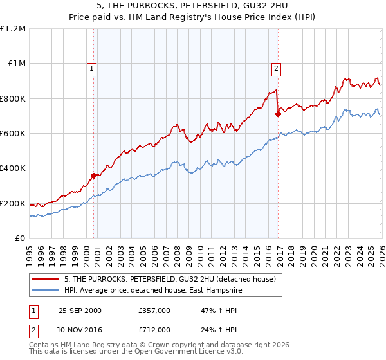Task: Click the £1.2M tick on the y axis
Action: pos(13,28)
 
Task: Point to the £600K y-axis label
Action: pos(13,133)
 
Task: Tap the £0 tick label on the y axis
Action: pos(19,238)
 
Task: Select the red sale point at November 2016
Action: pos(278,114)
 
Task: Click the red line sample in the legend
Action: pos(46,279)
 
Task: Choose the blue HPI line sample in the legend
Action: pos(46,290)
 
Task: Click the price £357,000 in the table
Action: pos(155,310)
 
